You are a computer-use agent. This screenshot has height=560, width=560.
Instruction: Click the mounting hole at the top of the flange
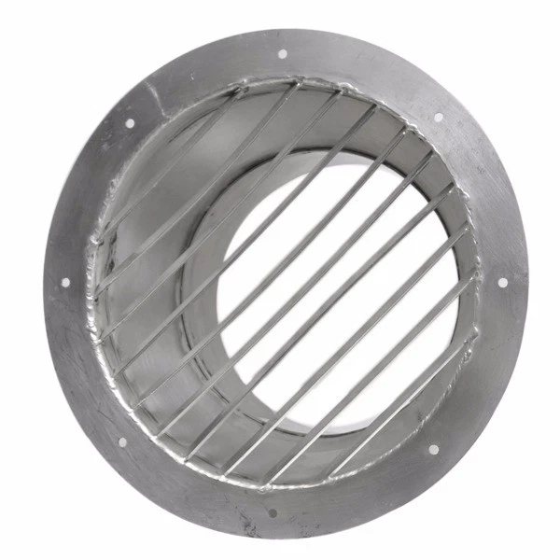pos(283,53)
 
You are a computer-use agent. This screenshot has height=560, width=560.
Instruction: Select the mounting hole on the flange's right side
pos(502,282)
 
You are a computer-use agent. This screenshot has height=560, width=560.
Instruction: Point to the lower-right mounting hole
pos(433,449)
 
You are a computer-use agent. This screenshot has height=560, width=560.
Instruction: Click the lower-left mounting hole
pos(121,441)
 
